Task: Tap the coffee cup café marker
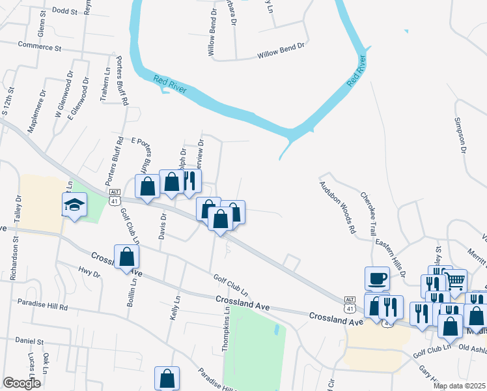pos(377,279)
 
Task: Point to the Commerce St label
pos(39,48)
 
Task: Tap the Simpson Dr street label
pos(461,136)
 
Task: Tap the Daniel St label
pos(29,341)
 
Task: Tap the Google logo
pos(21,383)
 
